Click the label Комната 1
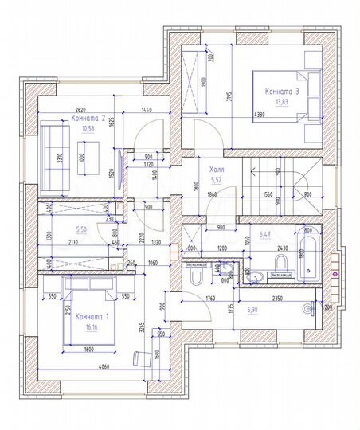point(91,316)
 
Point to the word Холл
point(216,170)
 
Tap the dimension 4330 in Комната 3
point(260,115)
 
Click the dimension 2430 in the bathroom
point(283,248)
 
